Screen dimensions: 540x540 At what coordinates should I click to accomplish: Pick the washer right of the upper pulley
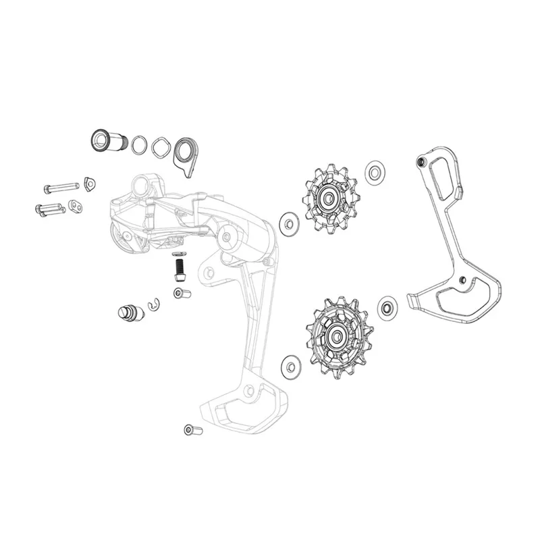(375, 172)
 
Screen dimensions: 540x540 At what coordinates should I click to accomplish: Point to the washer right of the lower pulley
(388, 308)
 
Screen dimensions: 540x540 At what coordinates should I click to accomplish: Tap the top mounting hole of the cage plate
(422, 163)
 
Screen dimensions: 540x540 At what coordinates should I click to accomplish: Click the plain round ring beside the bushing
(140, 144)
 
